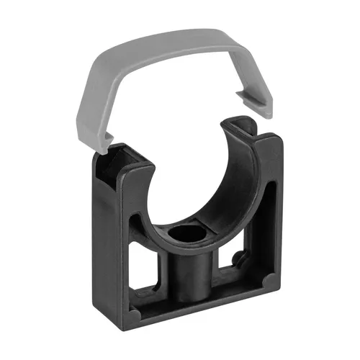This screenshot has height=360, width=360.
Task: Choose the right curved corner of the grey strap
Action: point(266,54)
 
